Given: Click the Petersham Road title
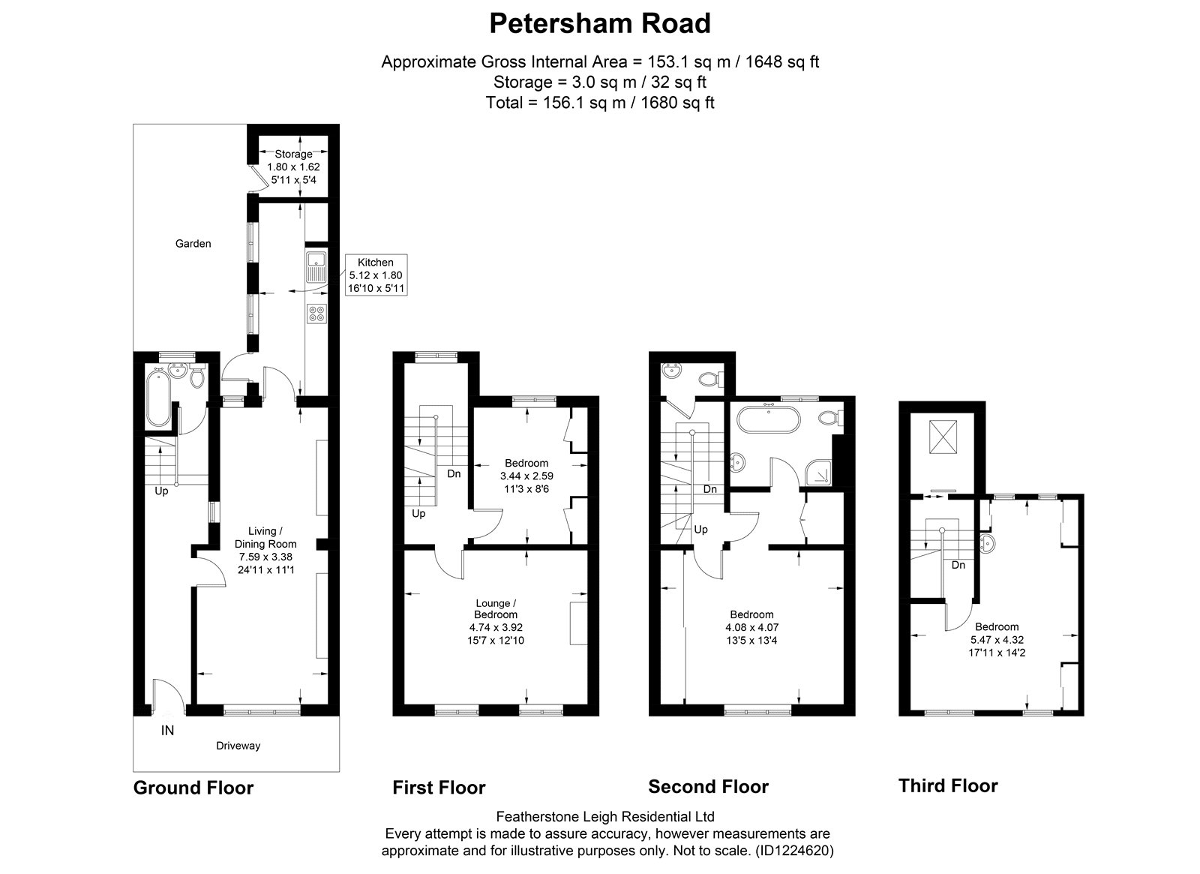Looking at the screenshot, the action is point(599,23).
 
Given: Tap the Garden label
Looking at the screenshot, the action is point(193,244).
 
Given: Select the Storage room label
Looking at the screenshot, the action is point(293,154).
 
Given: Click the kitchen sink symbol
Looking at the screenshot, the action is point(316,266).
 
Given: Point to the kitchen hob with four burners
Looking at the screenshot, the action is point(316,314).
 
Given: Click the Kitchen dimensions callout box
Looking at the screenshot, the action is point(376,275).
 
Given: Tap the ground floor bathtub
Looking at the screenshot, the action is point(158,398).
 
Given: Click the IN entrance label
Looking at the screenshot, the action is point(168,731).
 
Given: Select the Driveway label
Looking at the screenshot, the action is point(238,746).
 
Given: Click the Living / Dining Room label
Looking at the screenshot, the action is point(265,537).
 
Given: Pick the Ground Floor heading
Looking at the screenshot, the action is point(193,788).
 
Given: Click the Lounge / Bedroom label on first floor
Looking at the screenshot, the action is point(496,608).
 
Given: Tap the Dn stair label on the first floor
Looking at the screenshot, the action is point(454,473).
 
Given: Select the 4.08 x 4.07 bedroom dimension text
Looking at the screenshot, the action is point(752,627).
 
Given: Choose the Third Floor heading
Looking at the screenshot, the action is point(948,786).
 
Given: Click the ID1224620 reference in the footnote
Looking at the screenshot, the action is point(794,851).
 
